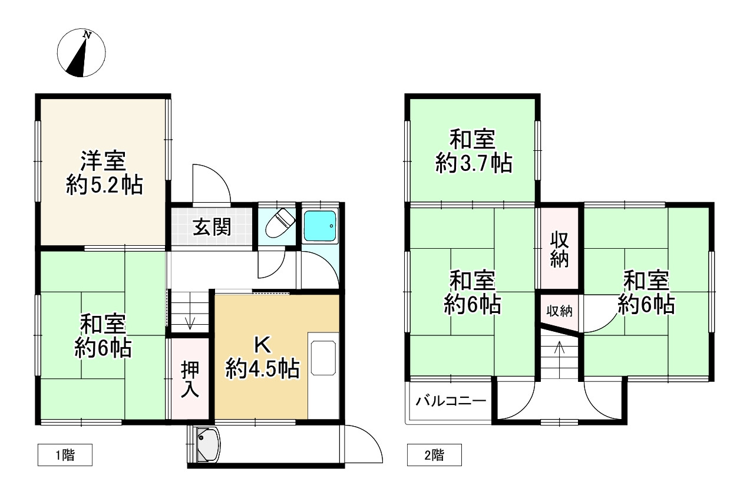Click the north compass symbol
83,54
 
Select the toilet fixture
279,224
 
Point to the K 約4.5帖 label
263,357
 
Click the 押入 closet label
190,379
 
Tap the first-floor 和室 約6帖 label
103,336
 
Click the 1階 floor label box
65,455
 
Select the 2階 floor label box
434,455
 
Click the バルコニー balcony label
451,403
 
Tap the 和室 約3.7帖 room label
473,151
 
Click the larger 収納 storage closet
559,249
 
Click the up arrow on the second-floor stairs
560,349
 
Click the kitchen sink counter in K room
323,357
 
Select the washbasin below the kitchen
206,444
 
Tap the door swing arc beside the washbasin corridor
362,442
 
